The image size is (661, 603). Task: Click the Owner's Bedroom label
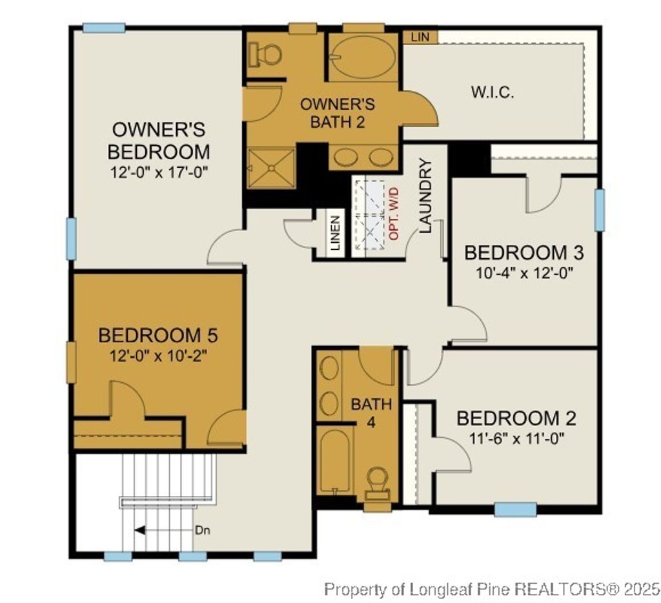tap(159, 140)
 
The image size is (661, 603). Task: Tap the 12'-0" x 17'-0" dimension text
tap(159, 173)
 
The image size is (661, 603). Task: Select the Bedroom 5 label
tap(158, 336)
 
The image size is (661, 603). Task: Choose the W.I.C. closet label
tap(492, 92)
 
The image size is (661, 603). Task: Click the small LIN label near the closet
tap(420, 37)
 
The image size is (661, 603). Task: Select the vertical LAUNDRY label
tap(425, 196)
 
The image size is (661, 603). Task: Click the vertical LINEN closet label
tap(335, 232)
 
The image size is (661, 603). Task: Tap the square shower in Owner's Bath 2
tap(271, 168)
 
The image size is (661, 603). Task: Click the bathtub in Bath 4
tap(335, 462)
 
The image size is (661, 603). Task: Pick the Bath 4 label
tap(371, 412)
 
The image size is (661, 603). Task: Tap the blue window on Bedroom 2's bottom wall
tap(515, 510)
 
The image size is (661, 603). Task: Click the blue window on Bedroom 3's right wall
tap(600, 210)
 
